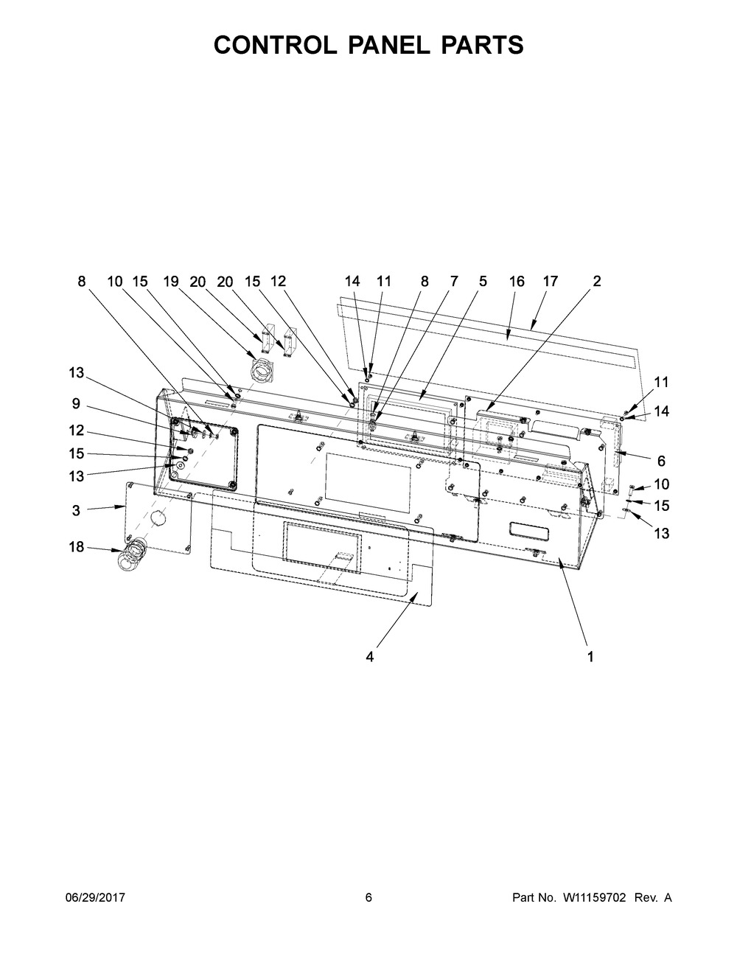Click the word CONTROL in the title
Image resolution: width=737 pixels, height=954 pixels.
pyautogui.click(x=275, y=45)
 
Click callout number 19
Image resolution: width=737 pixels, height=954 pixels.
pyautogui.click(x=171, y=282)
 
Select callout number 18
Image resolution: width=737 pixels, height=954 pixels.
pyautogui.click(x=77, y=546)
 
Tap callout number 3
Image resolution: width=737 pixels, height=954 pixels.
pyautogui.click(x=77, y=510)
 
